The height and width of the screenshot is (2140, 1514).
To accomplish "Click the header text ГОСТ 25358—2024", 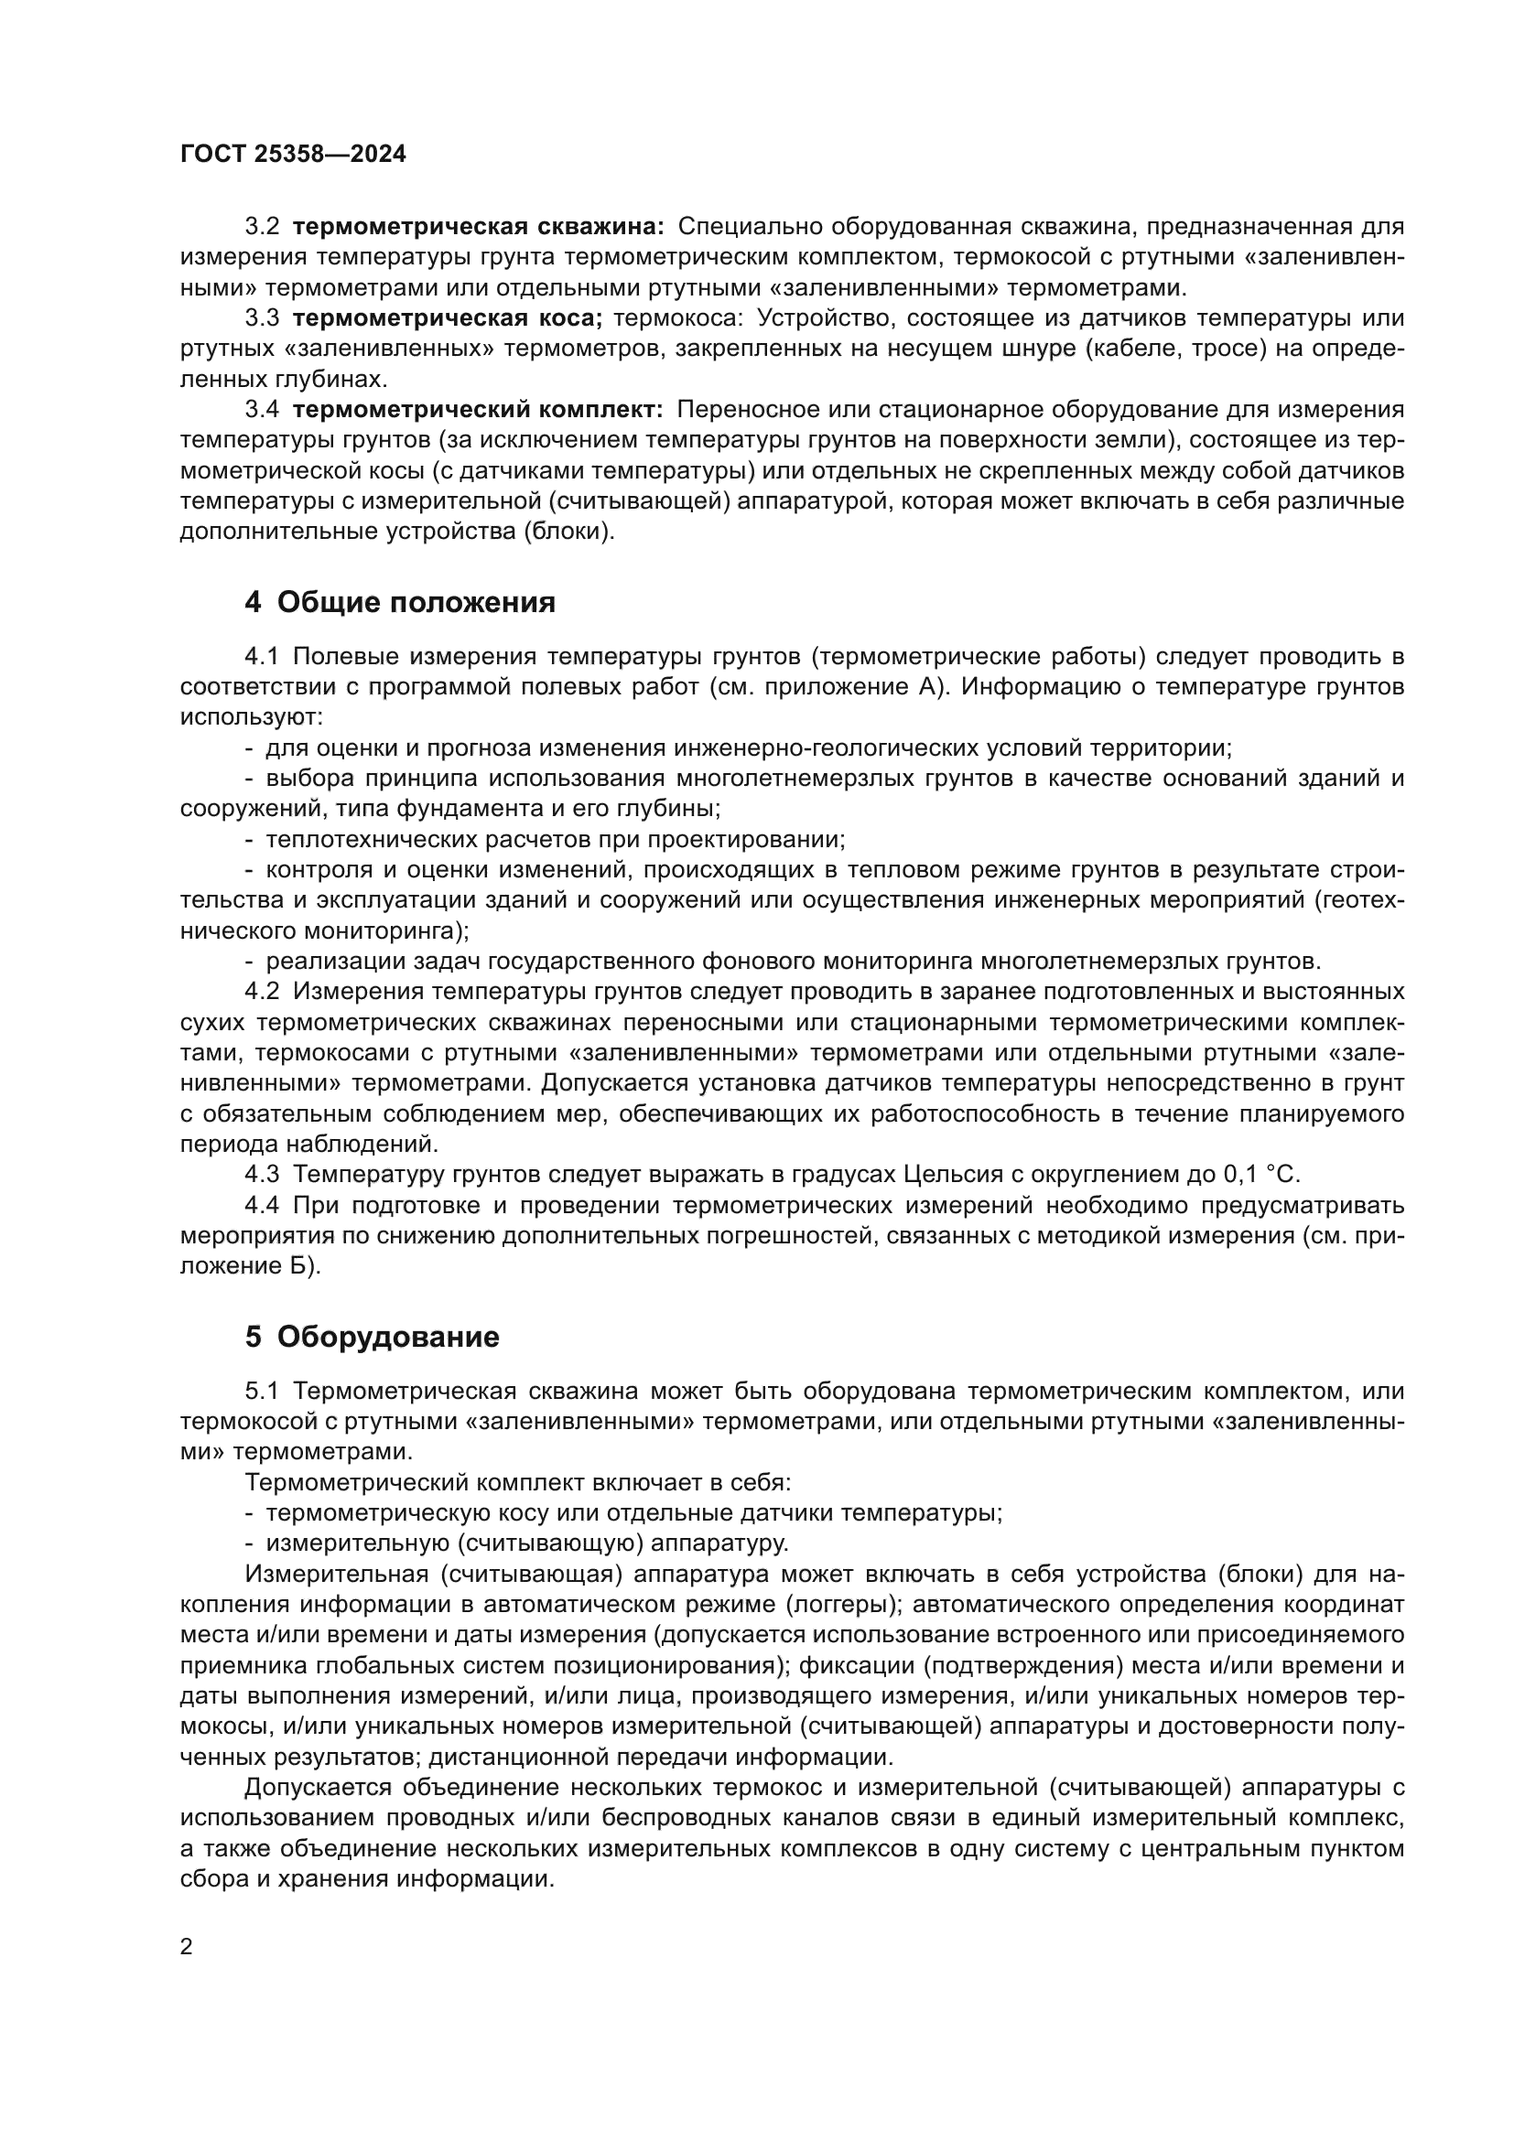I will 293,155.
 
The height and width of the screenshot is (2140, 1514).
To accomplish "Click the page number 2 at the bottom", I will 187,1947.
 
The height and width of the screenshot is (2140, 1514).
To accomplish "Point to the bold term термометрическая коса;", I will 448,318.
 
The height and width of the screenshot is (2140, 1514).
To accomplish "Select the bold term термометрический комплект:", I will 478,410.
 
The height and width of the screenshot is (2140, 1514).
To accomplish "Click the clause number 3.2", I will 262,227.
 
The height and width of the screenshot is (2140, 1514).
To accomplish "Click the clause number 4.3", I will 262,1175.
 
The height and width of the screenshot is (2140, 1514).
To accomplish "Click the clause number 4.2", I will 262,991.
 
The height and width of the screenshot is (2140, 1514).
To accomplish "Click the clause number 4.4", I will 262,1205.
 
